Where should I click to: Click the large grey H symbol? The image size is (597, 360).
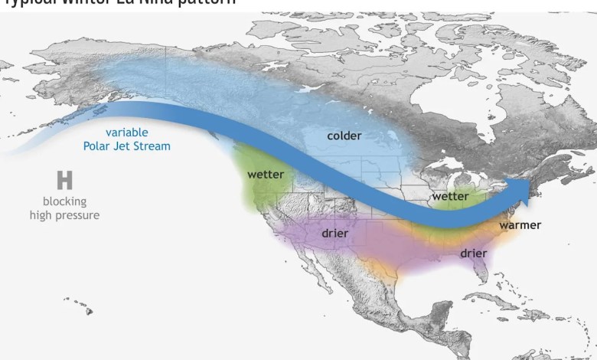pos(64,181)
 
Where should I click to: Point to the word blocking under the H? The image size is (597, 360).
pos(64,201)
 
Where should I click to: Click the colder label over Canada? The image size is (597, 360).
pos(344,136)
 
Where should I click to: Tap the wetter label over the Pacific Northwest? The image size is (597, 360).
pos(266,175)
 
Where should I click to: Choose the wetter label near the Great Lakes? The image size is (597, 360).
pos(450,197)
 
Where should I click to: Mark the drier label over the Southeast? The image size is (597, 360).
pos(474,253)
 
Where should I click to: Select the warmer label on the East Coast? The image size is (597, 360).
pos(520,225)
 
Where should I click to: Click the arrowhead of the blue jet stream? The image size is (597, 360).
pos(524,188)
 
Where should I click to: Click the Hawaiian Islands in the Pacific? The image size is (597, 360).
pos(80,306)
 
